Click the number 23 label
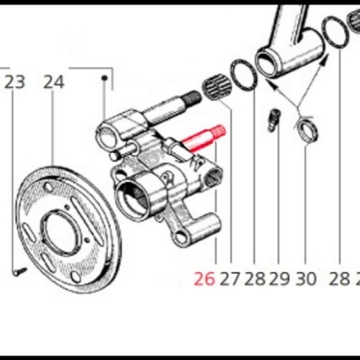[x=15, y=83]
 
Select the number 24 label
[x=54, y=83]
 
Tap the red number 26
[x=204, y=279]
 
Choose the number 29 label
[x=279, y=279]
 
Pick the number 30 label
[x=306, y=279]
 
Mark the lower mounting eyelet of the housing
[x=183, y=238]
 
